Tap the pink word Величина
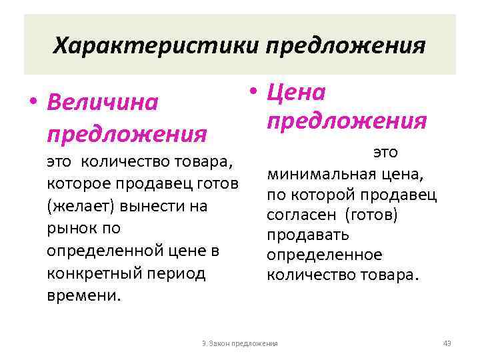(x=103, y=103)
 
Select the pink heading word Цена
(x=295, y=92)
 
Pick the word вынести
(x=147, y=206)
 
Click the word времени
(x=84, y=296)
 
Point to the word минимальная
(x=320, y=175)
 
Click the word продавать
(x=307, y=235)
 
